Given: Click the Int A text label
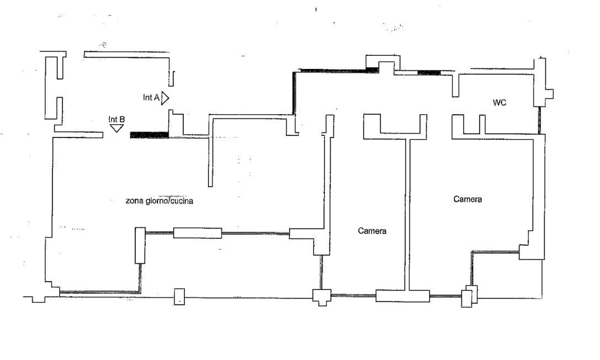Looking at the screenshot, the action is pyautogui.click(x=151, y=98).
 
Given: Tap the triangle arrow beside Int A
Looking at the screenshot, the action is pyautogui.click(x=165, y=98).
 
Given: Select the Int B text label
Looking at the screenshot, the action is pyautogui.click(x=116, y=119).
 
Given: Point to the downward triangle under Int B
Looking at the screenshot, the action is pyautogui.click(x=116, y=128).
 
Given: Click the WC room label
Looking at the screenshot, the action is pyautogui.click(x=500, y=103).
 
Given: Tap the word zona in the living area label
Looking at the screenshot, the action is pyautogui.click(x=135, y=201).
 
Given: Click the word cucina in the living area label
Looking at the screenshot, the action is pyautogui.click(x=182, y=201).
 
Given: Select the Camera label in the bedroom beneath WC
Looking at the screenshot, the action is pyautogui.click(x=468, y=199).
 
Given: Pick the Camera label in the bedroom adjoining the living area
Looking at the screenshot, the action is pyautogui.click(x=372, y=231).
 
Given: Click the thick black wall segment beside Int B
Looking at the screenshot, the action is pyautogui.click(x=149, y=135).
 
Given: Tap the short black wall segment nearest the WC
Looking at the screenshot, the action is pyautogui.click(x=429, y=72).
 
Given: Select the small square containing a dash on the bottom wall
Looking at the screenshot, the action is pyautogui.click(x=179, y=297).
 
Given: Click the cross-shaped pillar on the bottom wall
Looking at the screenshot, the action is pyautogui.click(x=322, y=297).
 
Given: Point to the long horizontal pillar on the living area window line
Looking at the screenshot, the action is pyautogui.click(x=198, y=233).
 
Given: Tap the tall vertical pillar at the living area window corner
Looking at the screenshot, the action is pyautogui.click(x=140, y=245).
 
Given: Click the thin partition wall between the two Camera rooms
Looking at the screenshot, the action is pyautogui.click(x=407, y=214).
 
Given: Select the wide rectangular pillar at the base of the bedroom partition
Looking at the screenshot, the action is pyautogui.click(x=402, y=296).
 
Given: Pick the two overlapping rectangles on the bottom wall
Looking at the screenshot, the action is pyautogui.click(x=469, y=296).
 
